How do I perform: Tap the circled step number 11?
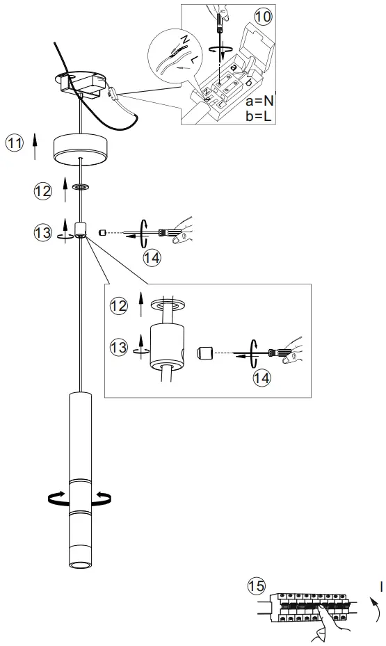pos(14,144)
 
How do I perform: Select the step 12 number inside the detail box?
pos(119,305)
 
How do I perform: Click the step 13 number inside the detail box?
pos(119,345)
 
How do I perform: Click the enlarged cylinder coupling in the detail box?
pos(168,346)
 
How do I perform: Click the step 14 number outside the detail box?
pos(152,258)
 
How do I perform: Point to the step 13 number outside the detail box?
pos(42,232)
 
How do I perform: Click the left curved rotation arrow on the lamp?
pos(56,496)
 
